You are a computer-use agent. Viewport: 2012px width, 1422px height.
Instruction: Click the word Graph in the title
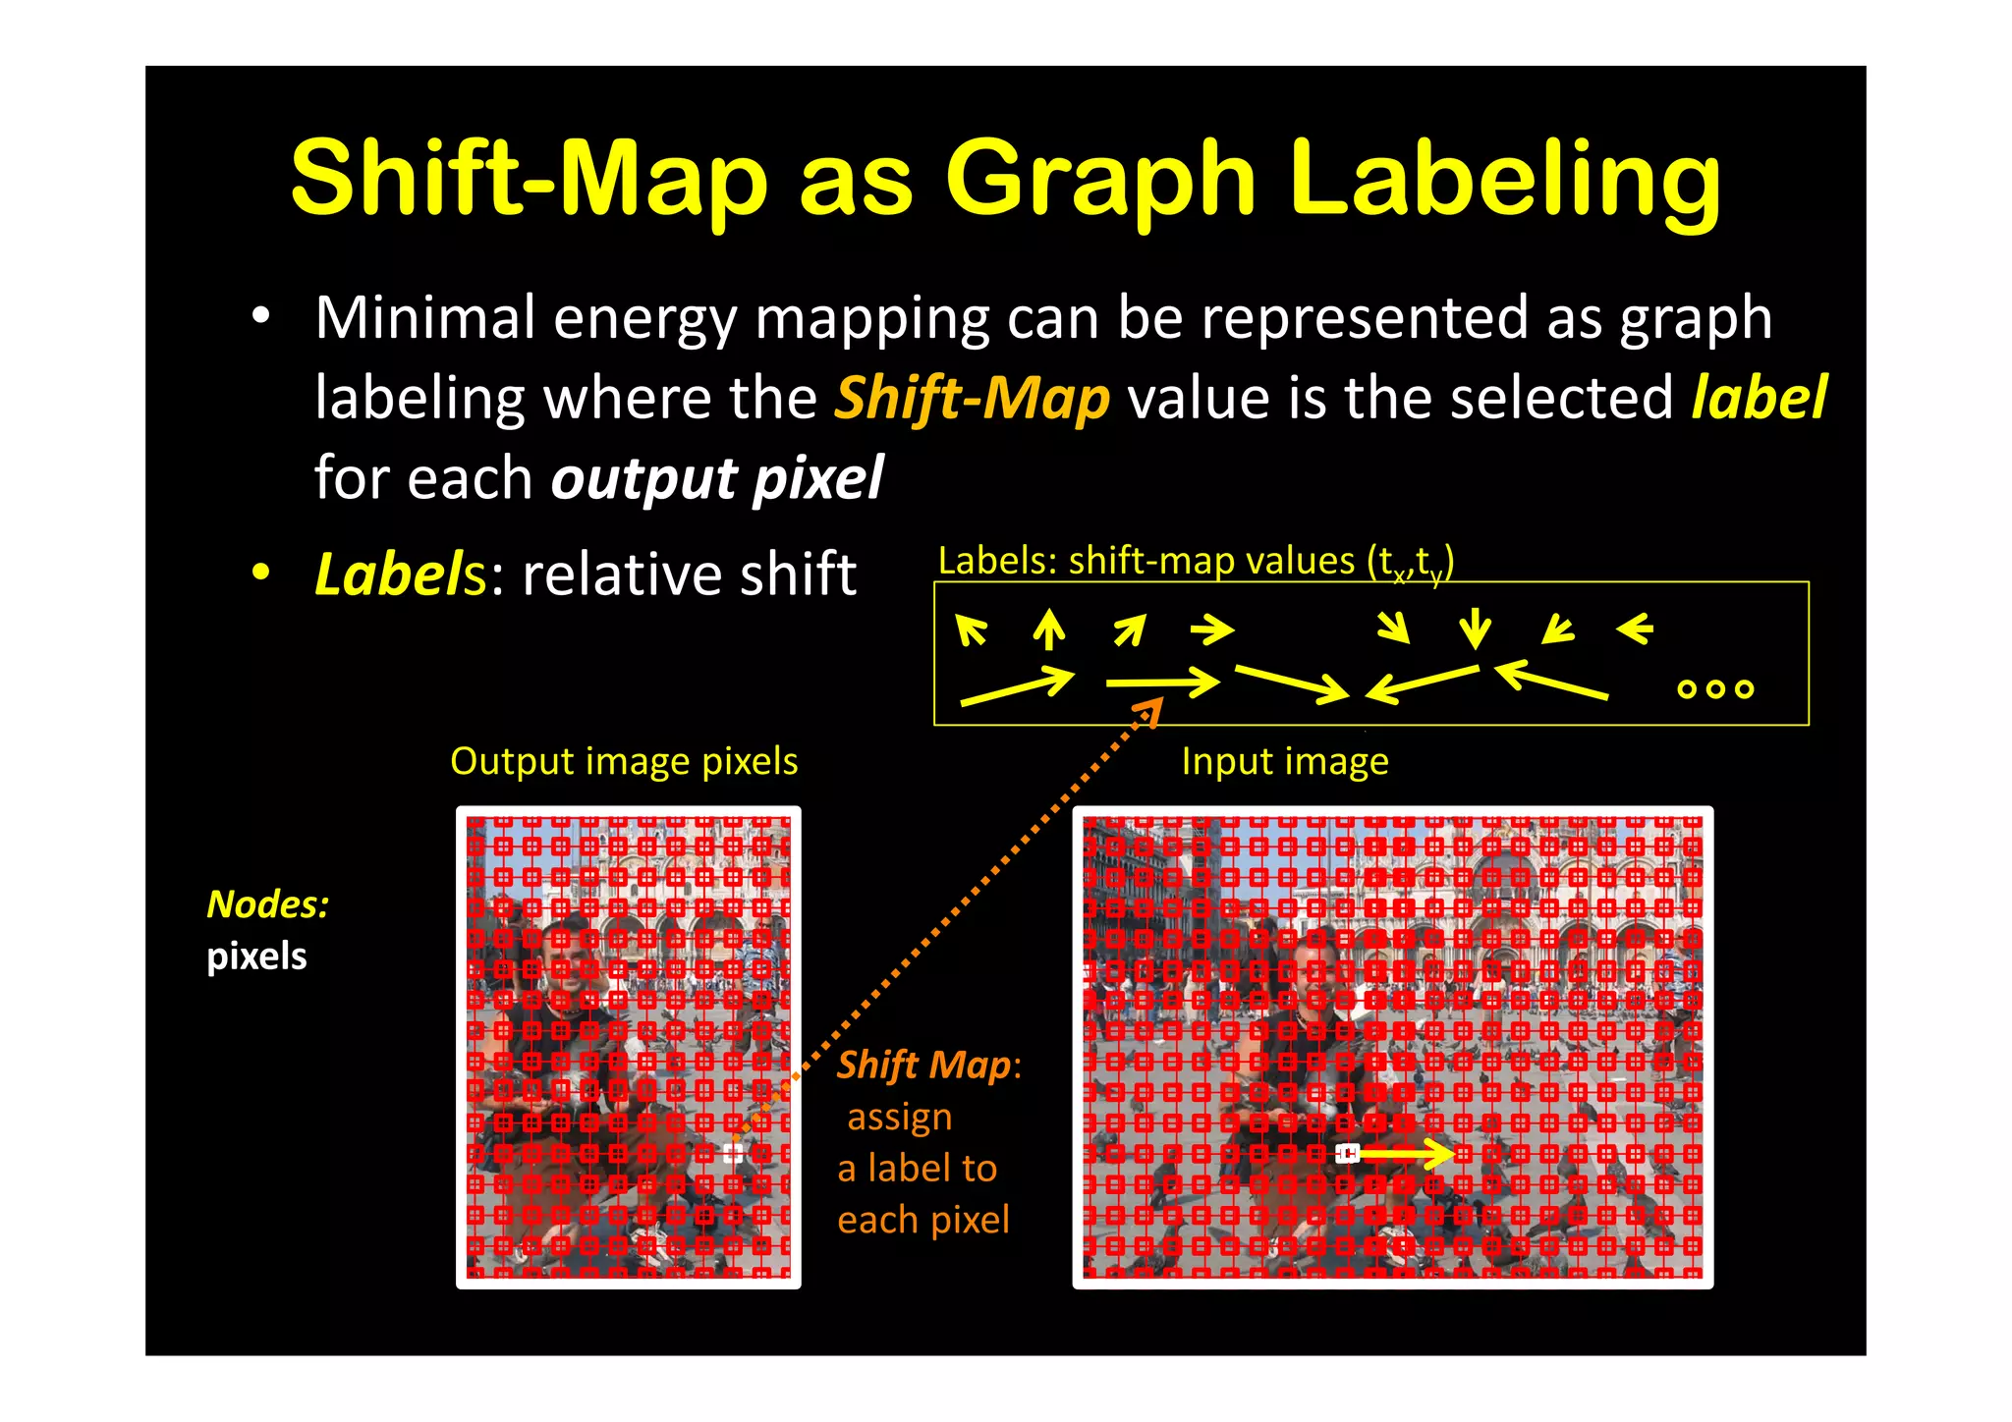coord(1100,180)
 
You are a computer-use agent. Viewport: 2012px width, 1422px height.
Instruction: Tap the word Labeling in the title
coord(1505,180)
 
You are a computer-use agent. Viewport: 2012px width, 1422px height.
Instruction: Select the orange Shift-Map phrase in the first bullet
coord(973,399)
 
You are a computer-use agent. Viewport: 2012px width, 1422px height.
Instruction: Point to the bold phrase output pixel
coord(717,478)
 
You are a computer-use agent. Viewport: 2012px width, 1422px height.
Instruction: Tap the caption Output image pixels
coord(624,761)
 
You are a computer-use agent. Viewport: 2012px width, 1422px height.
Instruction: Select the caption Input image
coord(1285,761)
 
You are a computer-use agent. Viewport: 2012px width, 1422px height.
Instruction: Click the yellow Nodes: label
coord(268,904)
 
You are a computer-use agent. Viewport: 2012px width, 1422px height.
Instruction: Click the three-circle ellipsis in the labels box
coord(1715,688)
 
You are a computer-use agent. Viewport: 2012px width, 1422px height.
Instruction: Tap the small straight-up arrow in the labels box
coord(1049,629)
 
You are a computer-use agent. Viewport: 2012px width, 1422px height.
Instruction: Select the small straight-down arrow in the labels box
coord(1475,629)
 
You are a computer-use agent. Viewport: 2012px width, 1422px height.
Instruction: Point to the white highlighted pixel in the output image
coord(733,1152)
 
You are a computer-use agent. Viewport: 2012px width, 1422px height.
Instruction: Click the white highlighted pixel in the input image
coord(1348,1153)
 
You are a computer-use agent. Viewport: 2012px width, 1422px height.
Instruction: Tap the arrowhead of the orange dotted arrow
coord(1152,707)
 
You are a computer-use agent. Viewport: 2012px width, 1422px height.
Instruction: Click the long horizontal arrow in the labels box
coord(1161,682)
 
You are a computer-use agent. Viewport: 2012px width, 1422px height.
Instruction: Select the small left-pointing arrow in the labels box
coord(1635,628)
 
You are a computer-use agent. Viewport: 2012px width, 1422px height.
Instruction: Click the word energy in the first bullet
coord(644,319)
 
